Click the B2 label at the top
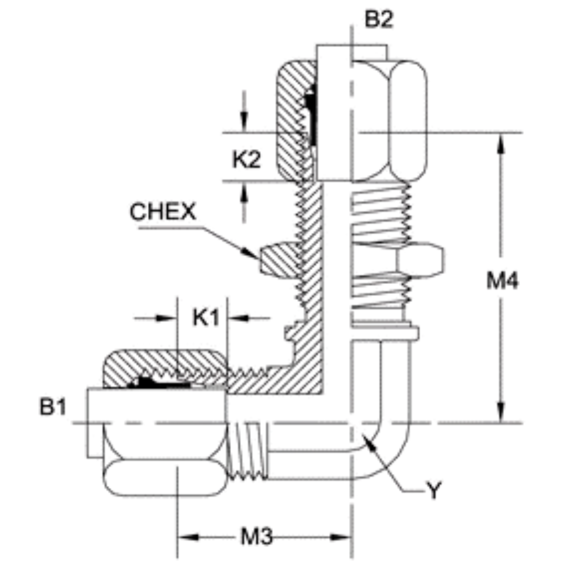tap(379, 19)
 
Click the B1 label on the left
tap(53, 407)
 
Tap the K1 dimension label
tap(205, 318)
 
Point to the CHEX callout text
tap(162, 212)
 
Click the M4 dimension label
tap(503, 282)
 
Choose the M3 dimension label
tap(256, 537)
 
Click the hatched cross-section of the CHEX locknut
tap(278, 260)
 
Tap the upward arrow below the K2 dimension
tap(244, 193)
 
